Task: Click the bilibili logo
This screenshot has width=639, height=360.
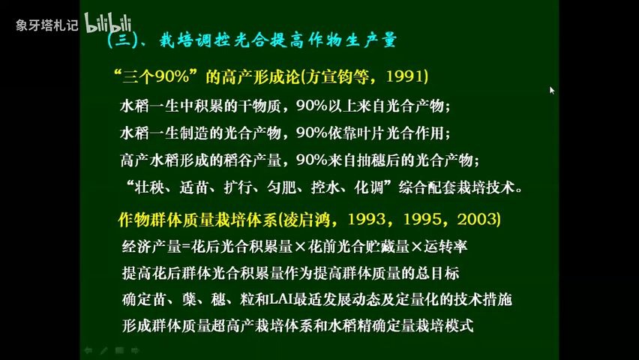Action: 108,23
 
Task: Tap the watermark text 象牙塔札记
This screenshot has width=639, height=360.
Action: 46,25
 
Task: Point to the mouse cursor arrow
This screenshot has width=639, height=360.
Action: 552,90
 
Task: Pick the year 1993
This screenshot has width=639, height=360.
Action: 367,219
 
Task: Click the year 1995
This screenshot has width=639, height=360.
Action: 421,219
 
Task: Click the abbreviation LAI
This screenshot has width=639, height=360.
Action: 280,300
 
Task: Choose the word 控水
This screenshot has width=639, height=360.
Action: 325,187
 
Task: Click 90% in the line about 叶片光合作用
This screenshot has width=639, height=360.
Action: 312,133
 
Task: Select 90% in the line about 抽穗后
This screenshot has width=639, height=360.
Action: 312,160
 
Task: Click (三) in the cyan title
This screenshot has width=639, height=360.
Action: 122,40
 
